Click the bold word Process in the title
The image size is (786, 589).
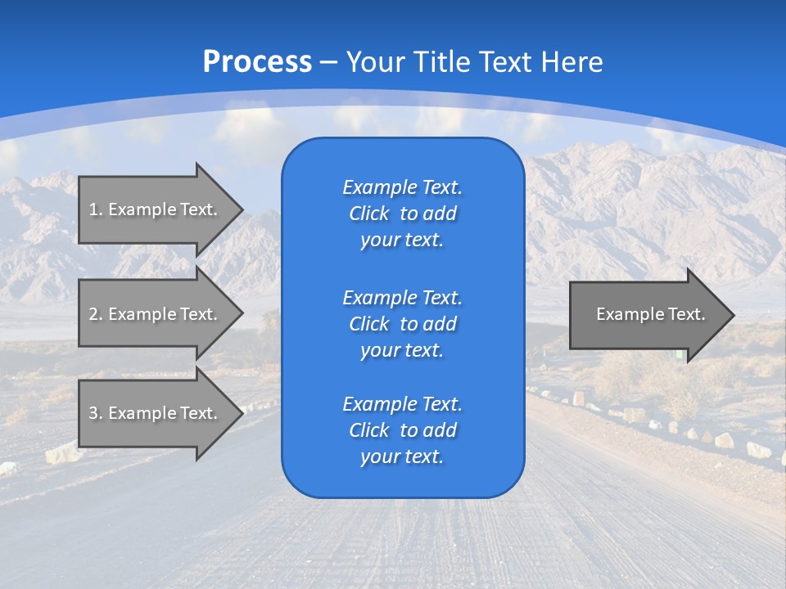[x=257, y=62]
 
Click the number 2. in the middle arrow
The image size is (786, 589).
[x=96, y=314]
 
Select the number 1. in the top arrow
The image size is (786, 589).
[x=96, y=209]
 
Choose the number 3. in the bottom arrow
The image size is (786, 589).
[x=96, y=413]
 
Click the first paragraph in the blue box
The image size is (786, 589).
[x=402, y=214]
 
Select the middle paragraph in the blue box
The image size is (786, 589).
[x=402, y=323]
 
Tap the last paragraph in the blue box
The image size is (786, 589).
[x=402, y=430]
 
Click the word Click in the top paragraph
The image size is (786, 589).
[x=368, y=214]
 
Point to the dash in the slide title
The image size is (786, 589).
[x=329, y=62]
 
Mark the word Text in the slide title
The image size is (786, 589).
[x=507, y=62]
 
